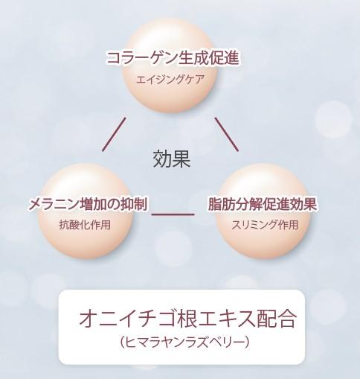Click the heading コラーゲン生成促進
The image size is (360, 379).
pos(173,58)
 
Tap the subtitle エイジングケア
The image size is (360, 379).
pos(170,80)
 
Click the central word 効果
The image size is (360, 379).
pos(172,159)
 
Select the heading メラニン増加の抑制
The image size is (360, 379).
pos(88,205)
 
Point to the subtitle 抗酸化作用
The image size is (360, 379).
pos(85,225)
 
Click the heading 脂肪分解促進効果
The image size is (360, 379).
pos(263,204)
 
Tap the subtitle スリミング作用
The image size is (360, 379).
pos(265,225)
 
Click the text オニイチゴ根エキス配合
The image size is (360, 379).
pos(187,319)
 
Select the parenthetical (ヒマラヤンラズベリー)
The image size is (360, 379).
pos(184,343)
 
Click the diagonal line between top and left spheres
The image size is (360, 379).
pos(114,134)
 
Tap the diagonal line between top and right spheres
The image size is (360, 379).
pos(227,134)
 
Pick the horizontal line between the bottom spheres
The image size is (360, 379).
pos(173,214)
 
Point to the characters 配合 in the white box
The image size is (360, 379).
pos(277,319)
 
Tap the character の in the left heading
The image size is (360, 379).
pos(111,205)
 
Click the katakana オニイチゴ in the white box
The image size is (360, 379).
pos(127,319)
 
